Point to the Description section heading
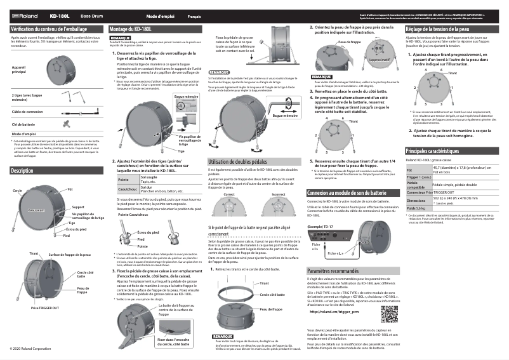click(x=22, y=171)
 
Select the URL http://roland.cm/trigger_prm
click(x=336, y=312)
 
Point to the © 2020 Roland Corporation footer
click(x=30, y=349)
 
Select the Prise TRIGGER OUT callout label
click(x=44, y=307)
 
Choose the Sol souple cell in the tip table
click(x=150, y=178)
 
